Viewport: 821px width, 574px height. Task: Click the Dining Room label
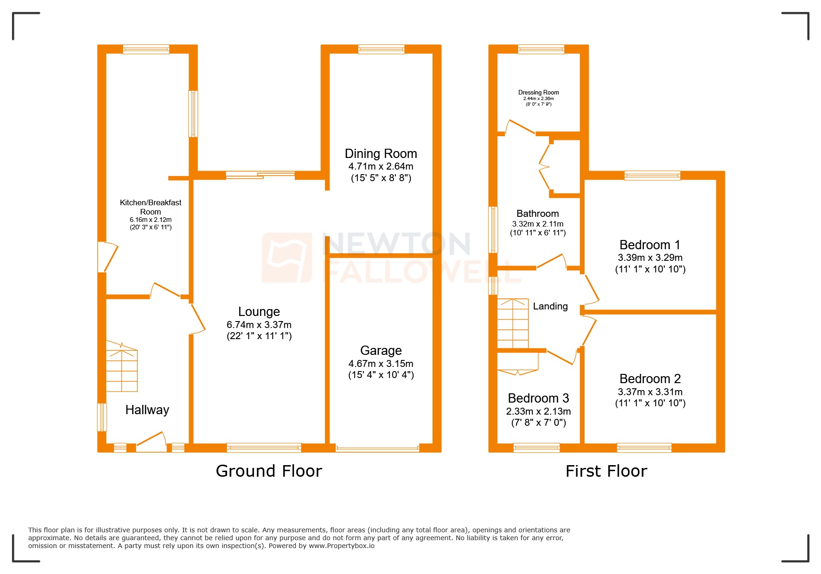pos(381,153)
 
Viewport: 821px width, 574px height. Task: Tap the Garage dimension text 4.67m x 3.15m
pos(381,364)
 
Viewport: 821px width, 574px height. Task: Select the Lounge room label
pos(259,311)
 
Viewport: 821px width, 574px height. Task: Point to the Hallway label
pos(147,410)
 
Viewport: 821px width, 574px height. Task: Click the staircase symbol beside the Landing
pos(513,323)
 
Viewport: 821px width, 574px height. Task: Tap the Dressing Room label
pos(538,92)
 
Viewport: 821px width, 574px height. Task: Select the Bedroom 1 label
pos(649,245)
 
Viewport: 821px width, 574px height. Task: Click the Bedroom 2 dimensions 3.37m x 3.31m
pos(649,392)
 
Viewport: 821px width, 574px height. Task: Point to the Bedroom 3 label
pos(538,398)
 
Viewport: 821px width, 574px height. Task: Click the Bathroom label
pos(537,214)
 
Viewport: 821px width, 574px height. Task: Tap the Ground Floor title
pos(268,471)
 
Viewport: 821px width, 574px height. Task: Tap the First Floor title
pos(606,471)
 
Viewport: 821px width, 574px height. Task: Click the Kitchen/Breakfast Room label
pos(150,207)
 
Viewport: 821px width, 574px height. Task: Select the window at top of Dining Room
pos(381,49)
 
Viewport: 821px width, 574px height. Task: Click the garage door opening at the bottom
pos(377,448)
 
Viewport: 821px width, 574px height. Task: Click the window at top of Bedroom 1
pos(652,175)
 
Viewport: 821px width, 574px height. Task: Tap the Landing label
pos(550,306)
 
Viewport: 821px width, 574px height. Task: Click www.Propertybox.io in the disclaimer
pos(341,546)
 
